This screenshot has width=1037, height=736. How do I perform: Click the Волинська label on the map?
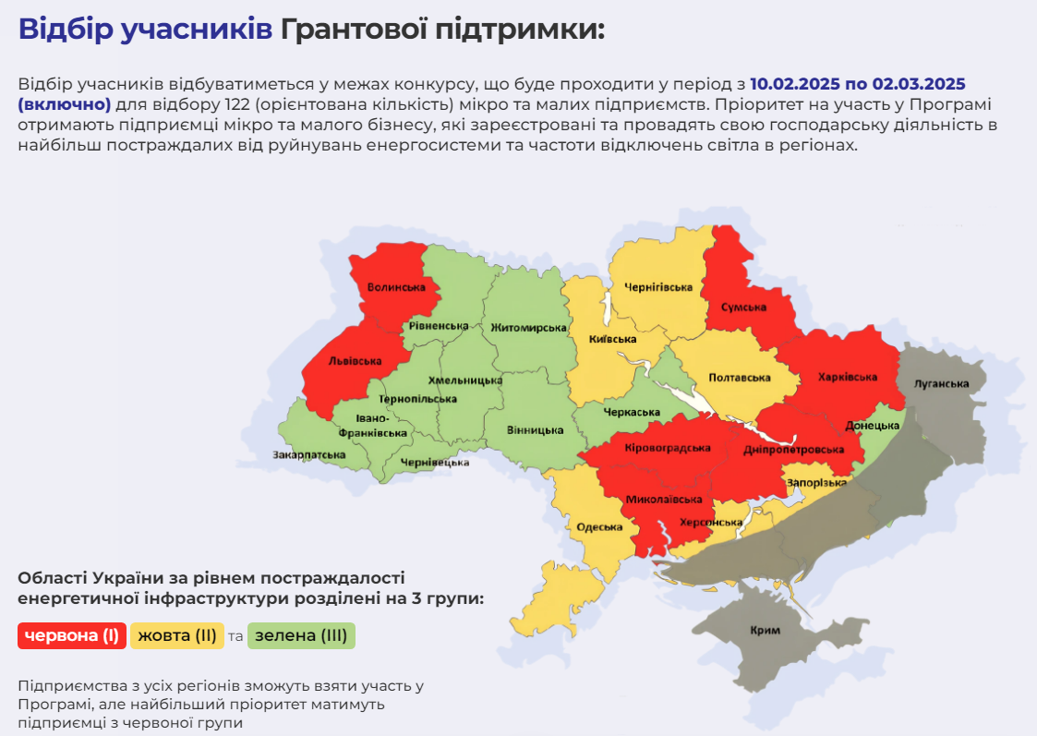[x=395, y=287]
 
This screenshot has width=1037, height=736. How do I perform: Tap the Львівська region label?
[x=355, y=360]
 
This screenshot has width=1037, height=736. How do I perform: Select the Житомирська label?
[x=528, y=328]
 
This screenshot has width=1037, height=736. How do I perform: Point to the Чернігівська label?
[x=657, y=287]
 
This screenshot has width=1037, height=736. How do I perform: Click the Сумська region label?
[x=744, y=308]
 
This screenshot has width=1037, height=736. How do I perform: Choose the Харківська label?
[x=847, y=377]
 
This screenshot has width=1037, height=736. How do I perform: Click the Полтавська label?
[x=739, y=378]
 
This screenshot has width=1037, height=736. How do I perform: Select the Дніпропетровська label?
[x=793, y=450]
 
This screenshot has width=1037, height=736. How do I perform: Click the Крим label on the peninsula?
[x=766, y=631]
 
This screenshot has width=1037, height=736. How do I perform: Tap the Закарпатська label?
[x=308, y=454]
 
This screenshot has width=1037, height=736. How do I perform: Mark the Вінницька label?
[x=536, y=430]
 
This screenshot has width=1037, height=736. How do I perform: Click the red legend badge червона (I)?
[x=72, y=635]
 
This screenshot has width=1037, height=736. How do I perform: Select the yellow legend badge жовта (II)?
[x=177, y=635]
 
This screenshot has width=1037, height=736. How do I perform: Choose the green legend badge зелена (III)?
[x=301, y=635]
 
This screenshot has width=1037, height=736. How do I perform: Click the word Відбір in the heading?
[x=67, y=29]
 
